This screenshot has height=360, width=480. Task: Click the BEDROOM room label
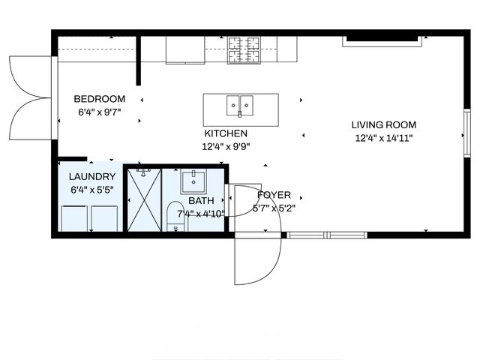coord(99,99)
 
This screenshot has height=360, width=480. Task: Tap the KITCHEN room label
coord(226,133)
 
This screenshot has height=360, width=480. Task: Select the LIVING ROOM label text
coord(384,125)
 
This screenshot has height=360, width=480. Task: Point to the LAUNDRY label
coord(92,177)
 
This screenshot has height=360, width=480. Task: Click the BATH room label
coord(201,201)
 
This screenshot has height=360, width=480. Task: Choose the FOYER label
coord(274,195)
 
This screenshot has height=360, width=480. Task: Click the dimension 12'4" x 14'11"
coord(384,138)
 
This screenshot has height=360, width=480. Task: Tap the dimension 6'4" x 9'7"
coord(99,112)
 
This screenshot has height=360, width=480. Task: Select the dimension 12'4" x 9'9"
coord(226,147)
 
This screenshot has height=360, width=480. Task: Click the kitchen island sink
coord(240,105)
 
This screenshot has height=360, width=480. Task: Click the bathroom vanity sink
coord(193,181)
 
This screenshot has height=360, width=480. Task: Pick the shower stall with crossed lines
coord(144,200)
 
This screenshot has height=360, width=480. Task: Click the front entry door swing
coord(257,259)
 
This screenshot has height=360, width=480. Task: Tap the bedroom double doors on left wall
coord(30,97)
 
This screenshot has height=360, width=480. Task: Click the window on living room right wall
coord(466,132)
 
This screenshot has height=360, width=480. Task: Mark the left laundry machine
coord(74,218)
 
